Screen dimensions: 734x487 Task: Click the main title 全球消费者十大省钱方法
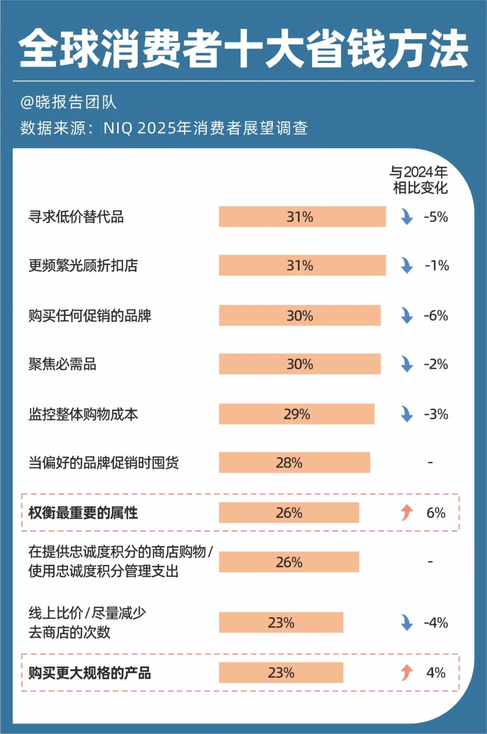click(x=243, y=49)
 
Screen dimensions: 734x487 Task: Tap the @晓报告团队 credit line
click(x=69, y=102)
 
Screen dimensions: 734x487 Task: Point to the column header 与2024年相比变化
click(x=419, y=180)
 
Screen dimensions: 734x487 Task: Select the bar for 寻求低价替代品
click(x=302, y=217)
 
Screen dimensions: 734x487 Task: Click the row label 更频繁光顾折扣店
click(x=83, y=266)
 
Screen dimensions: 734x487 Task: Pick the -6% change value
click(x=436, y=316)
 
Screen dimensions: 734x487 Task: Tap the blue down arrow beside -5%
click(x=407, y=217)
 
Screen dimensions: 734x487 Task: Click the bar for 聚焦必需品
click(x=299, y=364)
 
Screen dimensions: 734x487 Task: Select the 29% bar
click(x=296, y=414)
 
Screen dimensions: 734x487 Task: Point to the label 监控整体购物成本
click(x=83, y=414)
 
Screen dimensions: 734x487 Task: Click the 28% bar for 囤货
click(x=294, y=463)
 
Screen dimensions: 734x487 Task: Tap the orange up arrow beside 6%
click(x=407, y=512)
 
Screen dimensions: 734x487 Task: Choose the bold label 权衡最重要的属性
click(x=83, y=513)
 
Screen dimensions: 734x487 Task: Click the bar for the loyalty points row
click(x=289, y=562)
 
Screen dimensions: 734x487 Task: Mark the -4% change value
click(x=436, y=623)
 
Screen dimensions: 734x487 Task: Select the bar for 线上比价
click(x=281, y=623)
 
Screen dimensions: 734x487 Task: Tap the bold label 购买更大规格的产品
click(x=90, y=673)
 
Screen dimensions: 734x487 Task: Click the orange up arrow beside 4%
click(x=407, y=673)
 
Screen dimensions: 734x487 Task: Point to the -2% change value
click(x=436, y=364)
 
